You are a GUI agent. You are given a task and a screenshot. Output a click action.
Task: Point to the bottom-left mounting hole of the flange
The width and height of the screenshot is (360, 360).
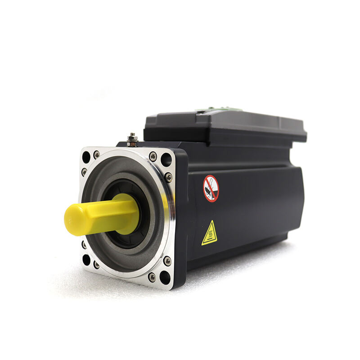(86, 260)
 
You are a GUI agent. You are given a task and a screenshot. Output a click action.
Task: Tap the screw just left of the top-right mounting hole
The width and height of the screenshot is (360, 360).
(153, 156)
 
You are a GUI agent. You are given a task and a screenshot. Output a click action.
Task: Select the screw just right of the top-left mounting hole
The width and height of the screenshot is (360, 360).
(97, 154)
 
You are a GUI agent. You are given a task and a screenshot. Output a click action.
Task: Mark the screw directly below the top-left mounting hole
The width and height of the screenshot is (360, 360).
(85, 171)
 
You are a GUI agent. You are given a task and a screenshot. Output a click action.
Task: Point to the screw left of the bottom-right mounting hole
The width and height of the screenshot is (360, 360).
(152, 276)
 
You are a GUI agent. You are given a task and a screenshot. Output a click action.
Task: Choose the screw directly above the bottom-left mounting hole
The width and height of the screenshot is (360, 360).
(84, 245)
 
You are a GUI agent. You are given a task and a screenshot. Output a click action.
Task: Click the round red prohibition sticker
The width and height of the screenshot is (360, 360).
(211, 188)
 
